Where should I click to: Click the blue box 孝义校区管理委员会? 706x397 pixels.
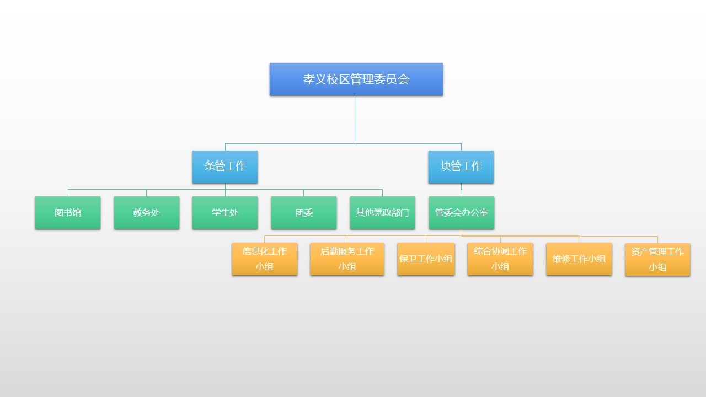pos(356,79)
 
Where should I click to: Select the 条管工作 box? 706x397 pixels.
pos(225,167)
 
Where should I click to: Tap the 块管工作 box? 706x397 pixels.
pos(461,167)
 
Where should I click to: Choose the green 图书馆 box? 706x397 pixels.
pos(68,212)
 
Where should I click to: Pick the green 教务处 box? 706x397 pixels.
pos(147,212)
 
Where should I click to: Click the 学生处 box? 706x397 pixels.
pos(225,212)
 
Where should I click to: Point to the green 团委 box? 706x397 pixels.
pos(304,212)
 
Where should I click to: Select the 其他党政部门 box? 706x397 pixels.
pos(382,212)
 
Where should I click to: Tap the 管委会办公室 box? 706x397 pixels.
pos(462,212)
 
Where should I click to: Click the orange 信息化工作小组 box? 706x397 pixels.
pos(265,259)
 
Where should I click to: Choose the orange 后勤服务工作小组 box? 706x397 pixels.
pos(347,259)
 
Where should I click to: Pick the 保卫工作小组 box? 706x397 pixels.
pos(426,259)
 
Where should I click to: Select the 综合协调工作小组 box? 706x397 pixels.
pos(500,259)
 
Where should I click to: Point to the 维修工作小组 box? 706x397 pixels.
pos(579,259)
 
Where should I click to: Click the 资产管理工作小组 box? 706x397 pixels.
pos(657,259)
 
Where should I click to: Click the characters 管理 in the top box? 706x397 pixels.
pos(363,79)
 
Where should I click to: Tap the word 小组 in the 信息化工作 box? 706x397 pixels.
pos(265,267)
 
